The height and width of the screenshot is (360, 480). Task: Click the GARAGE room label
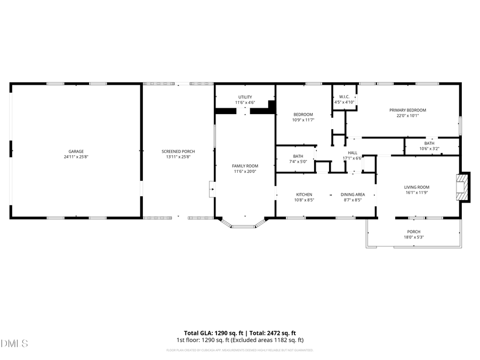pos(76,151)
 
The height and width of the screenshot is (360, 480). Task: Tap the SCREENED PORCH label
pos(178,151)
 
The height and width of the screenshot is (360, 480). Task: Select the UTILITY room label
pos(245,97)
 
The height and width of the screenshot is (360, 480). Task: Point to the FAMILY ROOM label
pos(245,166)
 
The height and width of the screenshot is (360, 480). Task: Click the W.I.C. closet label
pos(344,97)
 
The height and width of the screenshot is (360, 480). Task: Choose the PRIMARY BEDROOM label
pos(407,110)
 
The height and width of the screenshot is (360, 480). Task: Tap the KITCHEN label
pos(304,194)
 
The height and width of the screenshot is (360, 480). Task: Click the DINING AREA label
pos(353,194)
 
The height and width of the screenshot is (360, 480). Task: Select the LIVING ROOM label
pos(417,187)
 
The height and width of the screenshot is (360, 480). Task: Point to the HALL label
pos(352,153)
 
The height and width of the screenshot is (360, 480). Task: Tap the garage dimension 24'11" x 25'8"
pos(76,157)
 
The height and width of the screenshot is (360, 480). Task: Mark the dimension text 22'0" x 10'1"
pos(407,115)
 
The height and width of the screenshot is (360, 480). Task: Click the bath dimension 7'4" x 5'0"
pos(298,162)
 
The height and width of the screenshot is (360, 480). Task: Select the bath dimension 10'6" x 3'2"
pos(429,149)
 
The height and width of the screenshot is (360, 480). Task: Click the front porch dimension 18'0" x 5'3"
pos(414,237)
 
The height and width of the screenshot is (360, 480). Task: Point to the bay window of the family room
pos(245,225)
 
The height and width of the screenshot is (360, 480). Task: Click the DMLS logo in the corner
pos(14,342)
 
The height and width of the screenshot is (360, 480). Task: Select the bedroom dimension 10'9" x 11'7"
pos(303,120)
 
